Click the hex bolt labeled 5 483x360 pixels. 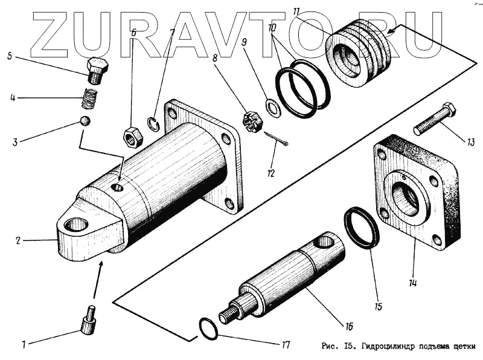96,70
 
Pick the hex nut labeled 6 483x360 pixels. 132,137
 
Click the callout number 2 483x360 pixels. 18,240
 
